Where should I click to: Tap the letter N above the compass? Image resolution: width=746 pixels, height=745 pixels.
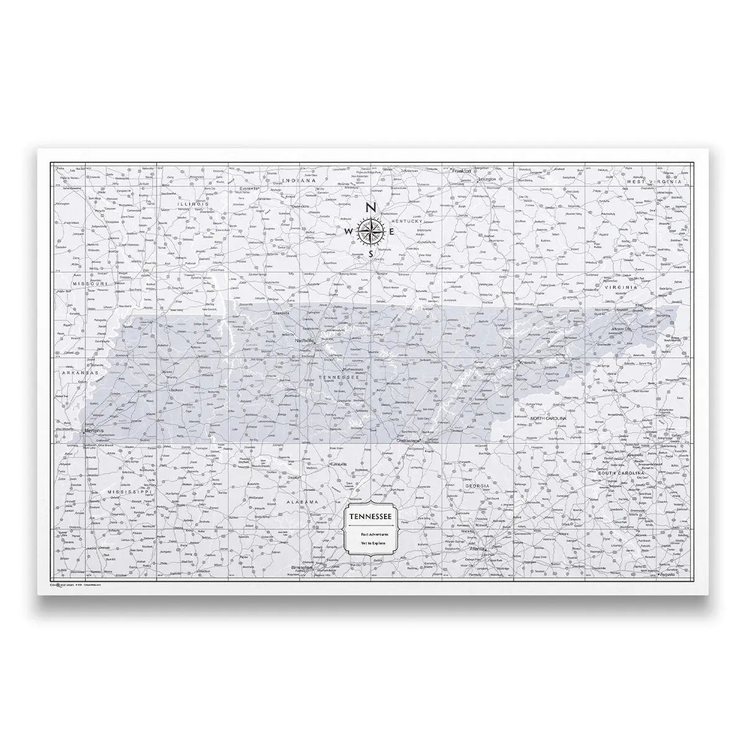(371, 208)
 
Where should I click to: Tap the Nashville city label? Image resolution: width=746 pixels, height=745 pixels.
(305, 341)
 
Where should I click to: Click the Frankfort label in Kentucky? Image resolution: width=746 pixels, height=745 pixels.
(463, 171)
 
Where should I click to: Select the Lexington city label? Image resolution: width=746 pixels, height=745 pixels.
(487, 179)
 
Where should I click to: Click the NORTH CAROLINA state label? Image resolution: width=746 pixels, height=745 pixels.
(548, 419)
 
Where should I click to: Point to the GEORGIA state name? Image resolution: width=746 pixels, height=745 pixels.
(482, 485)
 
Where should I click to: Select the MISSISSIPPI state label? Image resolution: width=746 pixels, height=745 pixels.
(130, 491)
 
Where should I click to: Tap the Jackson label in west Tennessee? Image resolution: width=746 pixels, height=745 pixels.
(176, 391)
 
